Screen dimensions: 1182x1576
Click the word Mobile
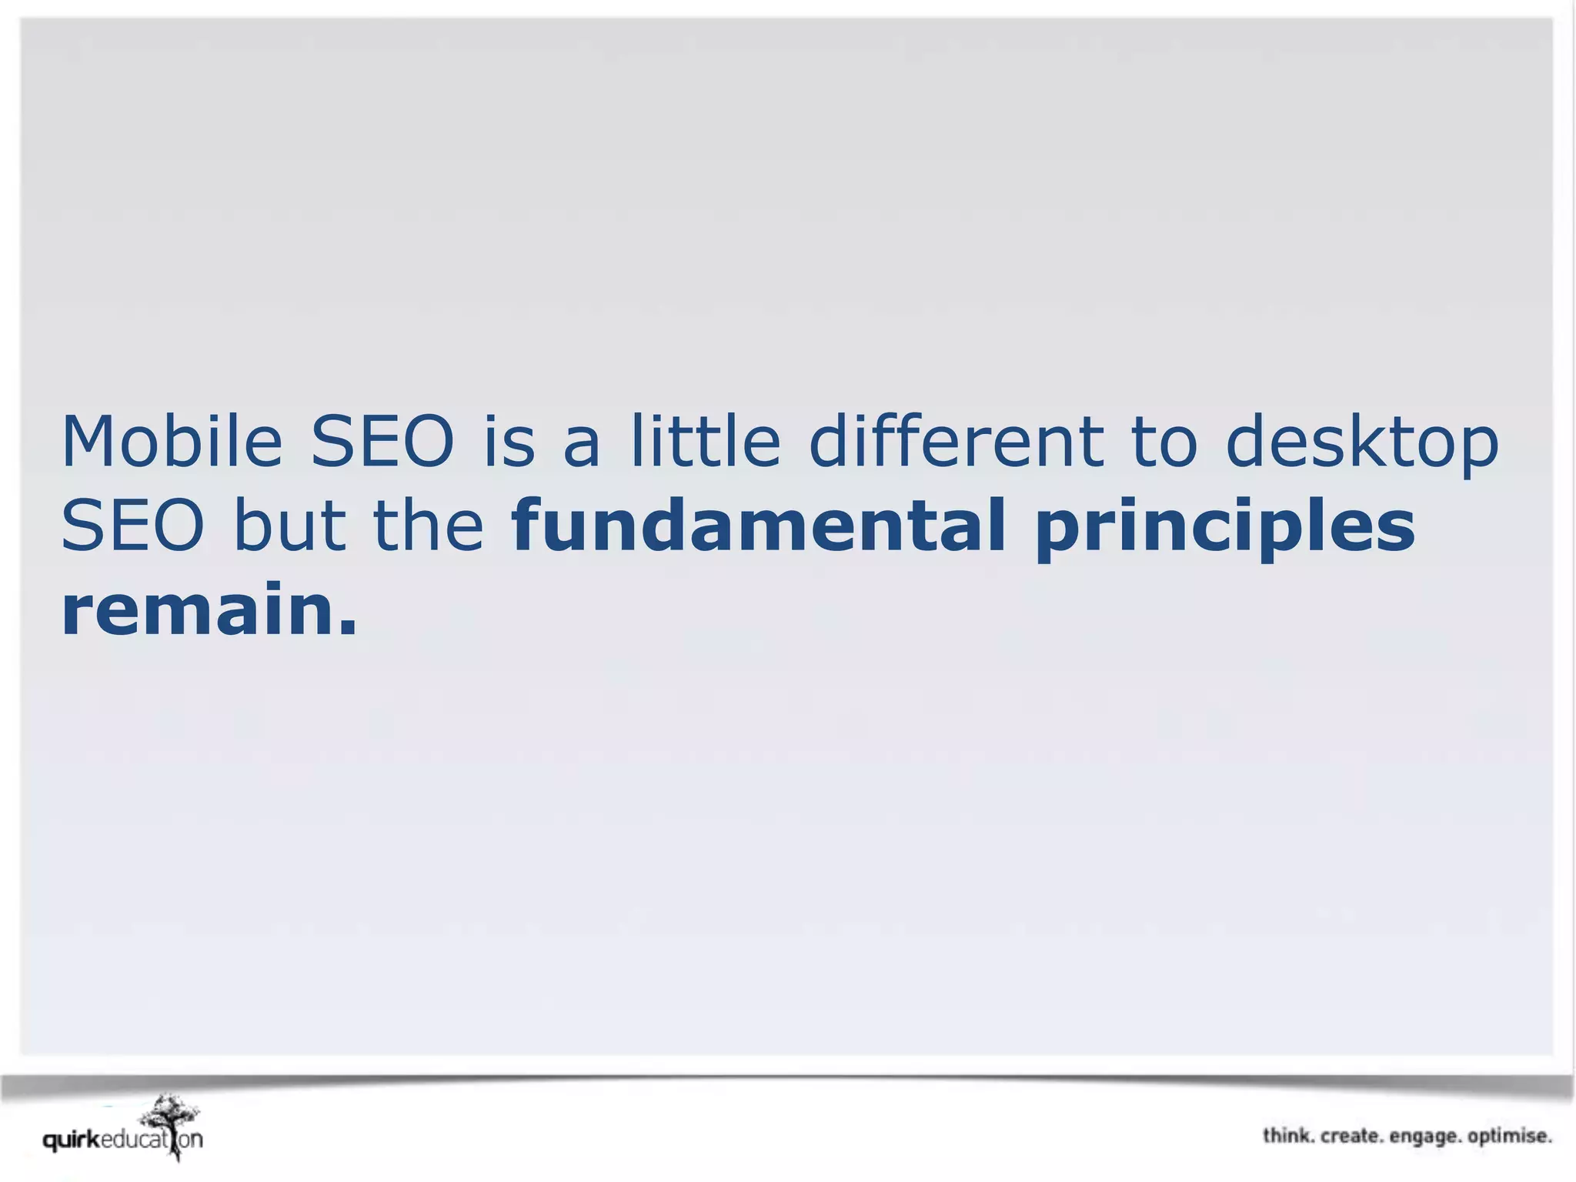[172, 442]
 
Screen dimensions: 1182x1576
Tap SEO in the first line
[382, 442]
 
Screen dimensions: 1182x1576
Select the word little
[705, 442]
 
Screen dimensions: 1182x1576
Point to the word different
[956, 442]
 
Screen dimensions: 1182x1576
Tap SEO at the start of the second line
[132, 526]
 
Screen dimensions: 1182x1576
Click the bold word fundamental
[758, 526]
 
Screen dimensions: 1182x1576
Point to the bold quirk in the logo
[71, 1140]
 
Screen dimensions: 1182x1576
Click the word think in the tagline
[1287, 1136]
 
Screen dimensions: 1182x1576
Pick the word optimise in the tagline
[1509, 1137]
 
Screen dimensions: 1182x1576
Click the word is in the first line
[508, 442]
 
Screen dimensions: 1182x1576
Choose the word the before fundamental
[428, 526]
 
